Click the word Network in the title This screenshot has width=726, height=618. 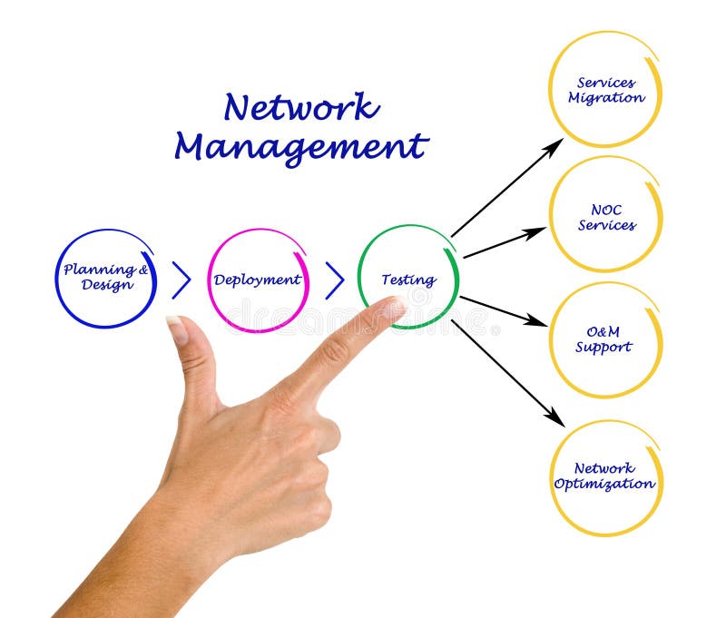pos(300,107)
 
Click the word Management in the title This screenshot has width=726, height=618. pos(300,146)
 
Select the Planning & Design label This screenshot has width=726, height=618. pos(105,277)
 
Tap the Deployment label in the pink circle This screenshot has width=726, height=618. pos(257,280)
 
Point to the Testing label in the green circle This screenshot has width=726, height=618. pos(407,280)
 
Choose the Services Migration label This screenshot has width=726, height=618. pos(605,90)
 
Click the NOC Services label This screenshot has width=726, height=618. pos(606,217)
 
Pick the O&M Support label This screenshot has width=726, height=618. pos(603,339)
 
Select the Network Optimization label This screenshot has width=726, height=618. pos(604,476)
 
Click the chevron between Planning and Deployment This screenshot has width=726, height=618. pos(181,280)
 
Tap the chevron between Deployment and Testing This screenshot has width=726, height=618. pos(335,280)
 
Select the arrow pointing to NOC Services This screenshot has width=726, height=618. pos(505,243)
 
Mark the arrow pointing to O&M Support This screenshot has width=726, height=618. pos(503,310)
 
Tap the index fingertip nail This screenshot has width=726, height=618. pos(394,309)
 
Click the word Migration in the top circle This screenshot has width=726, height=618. pos(606,98)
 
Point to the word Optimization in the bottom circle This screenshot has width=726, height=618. pos(604,484)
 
